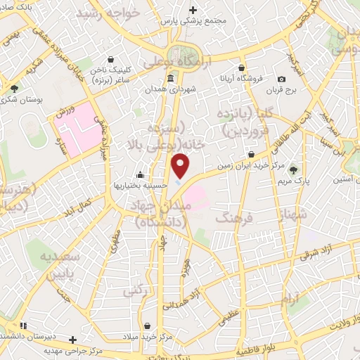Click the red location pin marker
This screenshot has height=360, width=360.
(181, 165)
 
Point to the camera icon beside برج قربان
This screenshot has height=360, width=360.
(282, 79)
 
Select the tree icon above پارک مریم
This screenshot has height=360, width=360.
(293, 169)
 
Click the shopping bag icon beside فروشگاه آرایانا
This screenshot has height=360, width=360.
(241, 68)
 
